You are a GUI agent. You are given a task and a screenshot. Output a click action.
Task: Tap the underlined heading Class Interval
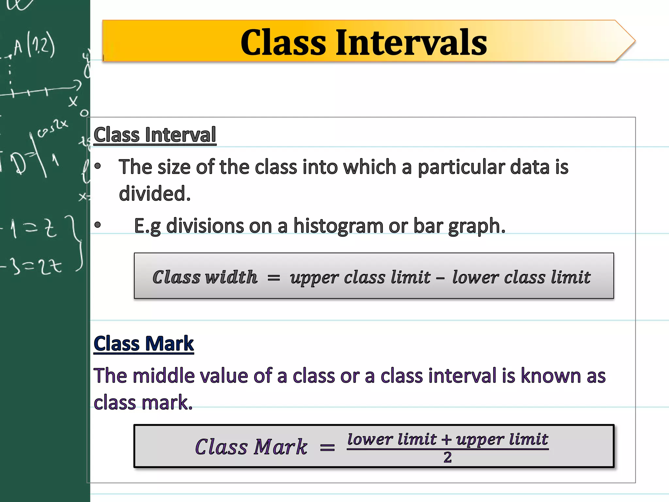click(155, 135)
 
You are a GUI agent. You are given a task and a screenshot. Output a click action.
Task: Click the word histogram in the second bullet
click(338, 226)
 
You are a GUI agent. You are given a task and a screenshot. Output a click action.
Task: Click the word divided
click(155, 193)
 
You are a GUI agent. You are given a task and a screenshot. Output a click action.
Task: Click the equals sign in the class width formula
click(274, 278)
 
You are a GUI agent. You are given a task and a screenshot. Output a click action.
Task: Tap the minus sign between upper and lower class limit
click(440, 278)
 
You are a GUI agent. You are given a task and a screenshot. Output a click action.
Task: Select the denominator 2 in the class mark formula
click(448, 457)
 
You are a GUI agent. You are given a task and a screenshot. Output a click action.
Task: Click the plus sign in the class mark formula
click(446, 440)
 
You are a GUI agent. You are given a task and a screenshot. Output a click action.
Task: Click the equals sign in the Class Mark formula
click(327, 447)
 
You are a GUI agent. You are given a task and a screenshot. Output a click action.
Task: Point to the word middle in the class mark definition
click(157, 376)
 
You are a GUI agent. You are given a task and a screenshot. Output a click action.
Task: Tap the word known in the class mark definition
click(551, 376)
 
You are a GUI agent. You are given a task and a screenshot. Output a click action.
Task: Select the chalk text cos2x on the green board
click(52, 128)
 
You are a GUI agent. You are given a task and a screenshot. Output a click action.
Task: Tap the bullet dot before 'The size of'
click(98, 166)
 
